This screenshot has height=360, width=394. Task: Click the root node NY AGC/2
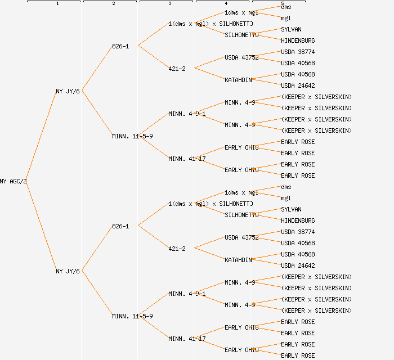click(14, 181)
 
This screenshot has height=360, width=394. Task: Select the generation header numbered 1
click(57, 4)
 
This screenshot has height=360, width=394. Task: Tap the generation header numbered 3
click(170, 4)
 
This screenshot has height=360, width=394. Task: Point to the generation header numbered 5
click(283, 4)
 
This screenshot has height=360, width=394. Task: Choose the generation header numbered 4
click(226, 4)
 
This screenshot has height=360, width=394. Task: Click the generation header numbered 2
click(114, 4)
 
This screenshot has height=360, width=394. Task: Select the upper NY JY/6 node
click(68, 91)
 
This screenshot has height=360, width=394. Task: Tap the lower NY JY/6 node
click(68, 271)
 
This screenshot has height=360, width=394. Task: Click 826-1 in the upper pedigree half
click(120, 46)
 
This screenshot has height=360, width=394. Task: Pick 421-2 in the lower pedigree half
click(177, 249)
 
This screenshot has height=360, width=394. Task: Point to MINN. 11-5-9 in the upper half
click(132, 136)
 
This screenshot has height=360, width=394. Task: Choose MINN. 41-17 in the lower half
click(187, 339)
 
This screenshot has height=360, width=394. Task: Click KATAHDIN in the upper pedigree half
click(238, 80)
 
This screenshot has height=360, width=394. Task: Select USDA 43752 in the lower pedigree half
click(241, 237)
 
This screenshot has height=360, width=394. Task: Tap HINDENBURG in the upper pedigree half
click(298, 40)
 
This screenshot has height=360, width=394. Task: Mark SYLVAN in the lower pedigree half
click(291, 209)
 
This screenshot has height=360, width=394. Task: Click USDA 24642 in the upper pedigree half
click(298, 85)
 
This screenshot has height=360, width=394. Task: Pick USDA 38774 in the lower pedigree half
click(298, 232)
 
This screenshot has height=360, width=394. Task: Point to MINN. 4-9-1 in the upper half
click(187, 114)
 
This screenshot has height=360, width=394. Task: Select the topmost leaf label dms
click(286, 7)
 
